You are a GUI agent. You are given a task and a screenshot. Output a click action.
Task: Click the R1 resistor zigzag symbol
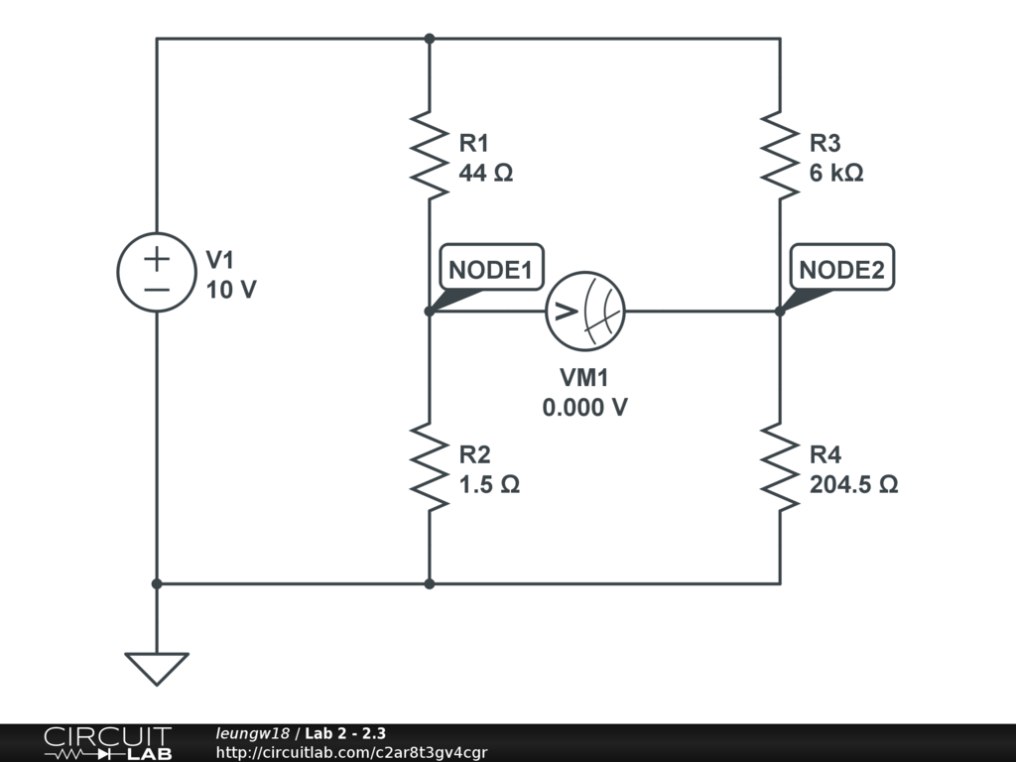click(x=429, y=156)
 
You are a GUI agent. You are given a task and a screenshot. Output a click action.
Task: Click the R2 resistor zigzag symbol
click(x=429, y=467)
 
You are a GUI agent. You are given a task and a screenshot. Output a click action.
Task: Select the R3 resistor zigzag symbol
click(x=780, y=156)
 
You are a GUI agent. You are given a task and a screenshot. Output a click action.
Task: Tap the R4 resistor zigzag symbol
click(x=780, y=467)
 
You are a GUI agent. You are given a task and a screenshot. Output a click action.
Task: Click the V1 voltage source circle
click(x=157, y=273)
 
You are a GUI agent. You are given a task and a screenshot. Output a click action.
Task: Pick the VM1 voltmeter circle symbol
click(x=585, y=311)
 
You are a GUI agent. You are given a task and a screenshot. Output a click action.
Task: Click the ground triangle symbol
click(x=157, y=668)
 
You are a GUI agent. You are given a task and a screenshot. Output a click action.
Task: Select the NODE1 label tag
click(x=490, y=268)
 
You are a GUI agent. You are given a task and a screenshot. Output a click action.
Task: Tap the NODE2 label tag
click(x=841, y=268)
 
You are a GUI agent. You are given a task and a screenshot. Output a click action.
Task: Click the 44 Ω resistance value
click(x=486, y=173)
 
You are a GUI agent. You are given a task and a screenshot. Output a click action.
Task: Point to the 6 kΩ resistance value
click(x=836, y=173)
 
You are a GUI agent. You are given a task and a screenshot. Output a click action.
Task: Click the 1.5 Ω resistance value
click(x=489, y=485)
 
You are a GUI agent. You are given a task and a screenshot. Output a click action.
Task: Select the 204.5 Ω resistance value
click(x=854, y=485)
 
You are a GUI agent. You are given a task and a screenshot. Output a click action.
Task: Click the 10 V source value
click(x=231, y=290)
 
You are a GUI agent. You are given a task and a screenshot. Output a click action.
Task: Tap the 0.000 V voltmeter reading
click(x=585, y=407)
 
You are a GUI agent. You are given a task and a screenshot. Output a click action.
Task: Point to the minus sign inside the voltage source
click(x=157, y=289)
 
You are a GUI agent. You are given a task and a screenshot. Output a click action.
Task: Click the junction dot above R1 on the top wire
click(x=429, y=39)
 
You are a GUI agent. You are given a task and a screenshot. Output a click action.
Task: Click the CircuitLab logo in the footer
click(x=107, y=743)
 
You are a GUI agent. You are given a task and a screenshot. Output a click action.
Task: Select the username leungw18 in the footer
click(x=252, y=734)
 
